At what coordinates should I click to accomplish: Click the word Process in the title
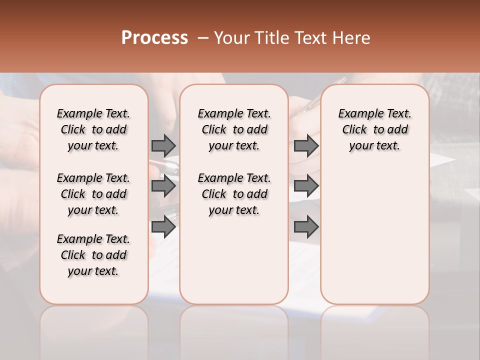click(154, 38)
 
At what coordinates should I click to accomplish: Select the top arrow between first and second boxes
click(163, 145)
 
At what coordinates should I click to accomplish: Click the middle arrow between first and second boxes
click(163, 186)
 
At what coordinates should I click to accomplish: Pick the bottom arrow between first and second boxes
click(163, 227)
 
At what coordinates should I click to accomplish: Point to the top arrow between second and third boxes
click(306, 145)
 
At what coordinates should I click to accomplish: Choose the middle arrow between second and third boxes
click(306, 186)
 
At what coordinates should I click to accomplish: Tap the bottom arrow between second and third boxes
click(306, 227)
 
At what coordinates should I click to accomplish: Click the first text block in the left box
click(93, 129)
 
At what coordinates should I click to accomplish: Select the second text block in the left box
click(93, 194)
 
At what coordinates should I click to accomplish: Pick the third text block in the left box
click(93, 255)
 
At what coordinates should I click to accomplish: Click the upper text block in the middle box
click(234, 129)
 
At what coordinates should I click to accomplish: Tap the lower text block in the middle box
click(234, 194)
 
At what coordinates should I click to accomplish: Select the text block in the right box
click(374, 129)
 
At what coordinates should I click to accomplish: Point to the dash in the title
click(203, 38)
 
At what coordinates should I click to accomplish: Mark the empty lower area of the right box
click(374, 235)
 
